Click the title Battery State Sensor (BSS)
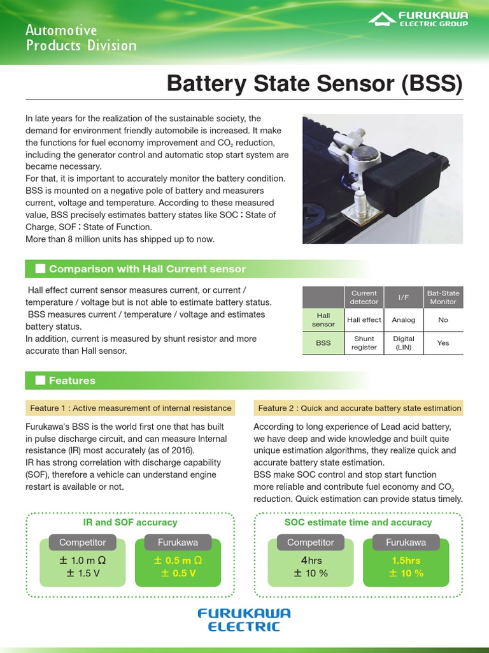[x=314, y=84]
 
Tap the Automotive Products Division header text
[x=81, y=38]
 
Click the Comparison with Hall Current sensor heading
[x=147, y=269]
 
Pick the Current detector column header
[x=364, y=297]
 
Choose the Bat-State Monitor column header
[x=443, y=297]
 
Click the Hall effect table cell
[x=364, y=320]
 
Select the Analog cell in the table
[x=404, y=320]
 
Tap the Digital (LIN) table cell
[x=404, y=343]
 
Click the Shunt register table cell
[x=364, y=343]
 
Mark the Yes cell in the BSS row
[x=443, y=343]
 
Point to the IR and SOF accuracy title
[x=131, y=522]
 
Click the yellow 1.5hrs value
[x=406, y=561]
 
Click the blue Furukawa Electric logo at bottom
[x=244, y=619]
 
